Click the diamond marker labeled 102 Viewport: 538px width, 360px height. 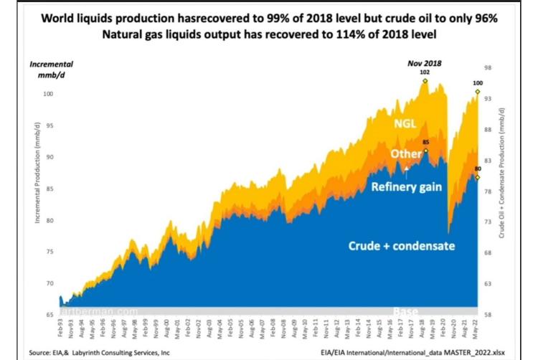[x=425, y=81]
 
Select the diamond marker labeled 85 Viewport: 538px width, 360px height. [x=426, y=151]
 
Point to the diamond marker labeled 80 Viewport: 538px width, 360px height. [x=478, y=177]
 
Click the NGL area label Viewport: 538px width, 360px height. [x=405, y=123]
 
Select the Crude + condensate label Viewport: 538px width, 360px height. [x=402, y=245]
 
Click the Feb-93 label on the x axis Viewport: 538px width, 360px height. [x=62, y=328]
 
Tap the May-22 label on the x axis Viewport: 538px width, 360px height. [x=476, y=328]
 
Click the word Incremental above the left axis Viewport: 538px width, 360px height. [x=51, y=64]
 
